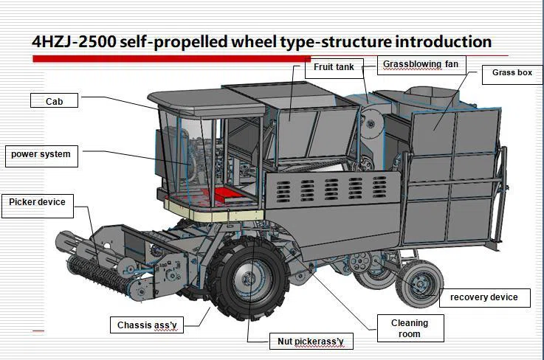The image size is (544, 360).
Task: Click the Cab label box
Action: (55, 101)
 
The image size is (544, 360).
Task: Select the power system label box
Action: (41, 155)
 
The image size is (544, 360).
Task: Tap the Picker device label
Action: (38, 203)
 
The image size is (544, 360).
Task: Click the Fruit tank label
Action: (334, 68)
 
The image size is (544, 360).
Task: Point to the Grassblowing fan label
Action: (420, 65)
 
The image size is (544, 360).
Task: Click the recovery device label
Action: (484, 298)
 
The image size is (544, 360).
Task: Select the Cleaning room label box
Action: (409, 328)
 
